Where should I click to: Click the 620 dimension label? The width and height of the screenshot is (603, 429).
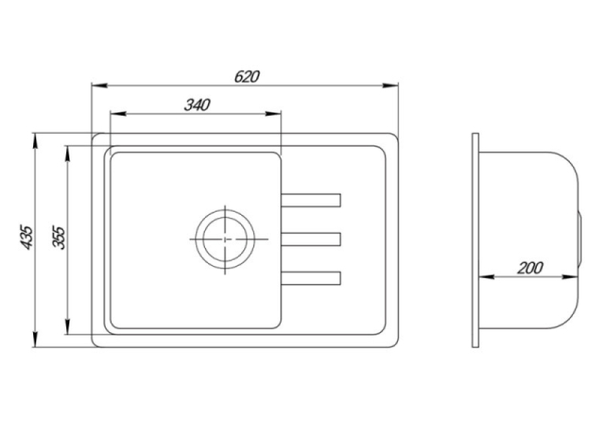click(247, 76)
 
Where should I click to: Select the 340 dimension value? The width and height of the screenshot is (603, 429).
click(197, 105)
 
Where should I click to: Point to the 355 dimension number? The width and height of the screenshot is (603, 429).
click(59, 238)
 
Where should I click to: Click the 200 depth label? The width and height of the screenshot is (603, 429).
click(530, 268)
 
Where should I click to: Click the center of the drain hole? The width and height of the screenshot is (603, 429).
click(225, 239)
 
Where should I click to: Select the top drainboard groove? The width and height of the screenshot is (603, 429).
click(311, 201)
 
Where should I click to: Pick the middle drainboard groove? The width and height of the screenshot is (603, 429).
click(311, 239)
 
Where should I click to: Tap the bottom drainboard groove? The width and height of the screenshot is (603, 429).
click(311, 278)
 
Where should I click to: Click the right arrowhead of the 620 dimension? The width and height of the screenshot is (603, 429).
click(390, 85)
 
